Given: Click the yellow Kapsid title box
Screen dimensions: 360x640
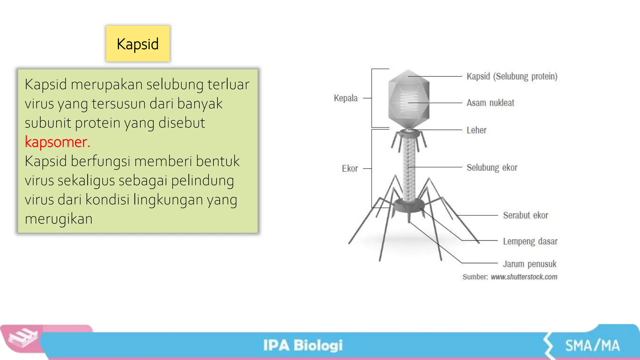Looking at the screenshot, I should pos(138,44).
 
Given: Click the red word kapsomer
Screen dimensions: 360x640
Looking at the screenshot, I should pos(57,142).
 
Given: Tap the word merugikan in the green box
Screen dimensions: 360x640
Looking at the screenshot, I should pos(59,219).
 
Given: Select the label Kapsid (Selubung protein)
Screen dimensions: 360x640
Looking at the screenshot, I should pos(512,76).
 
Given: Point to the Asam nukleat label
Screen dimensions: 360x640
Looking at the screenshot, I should pos(490,103).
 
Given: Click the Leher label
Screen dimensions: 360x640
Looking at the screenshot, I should pos(476,130).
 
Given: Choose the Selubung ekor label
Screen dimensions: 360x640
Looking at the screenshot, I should pos(492,167).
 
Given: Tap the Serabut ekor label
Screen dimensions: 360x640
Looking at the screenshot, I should pos(525,215).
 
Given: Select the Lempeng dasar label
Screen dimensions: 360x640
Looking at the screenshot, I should pos(530,241).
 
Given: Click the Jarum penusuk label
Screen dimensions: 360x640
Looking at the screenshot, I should pos(529,264).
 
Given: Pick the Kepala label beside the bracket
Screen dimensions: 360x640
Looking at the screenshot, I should pos(346,98).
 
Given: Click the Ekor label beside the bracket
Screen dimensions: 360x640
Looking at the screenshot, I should pos(350,169).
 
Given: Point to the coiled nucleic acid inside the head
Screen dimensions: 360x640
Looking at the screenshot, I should pos(409,102).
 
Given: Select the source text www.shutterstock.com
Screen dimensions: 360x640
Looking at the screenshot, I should pos(524,277).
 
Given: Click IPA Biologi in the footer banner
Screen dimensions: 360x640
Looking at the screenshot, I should pos(303,345).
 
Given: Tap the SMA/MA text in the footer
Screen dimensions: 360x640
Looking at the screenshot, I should pos(592,346).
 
